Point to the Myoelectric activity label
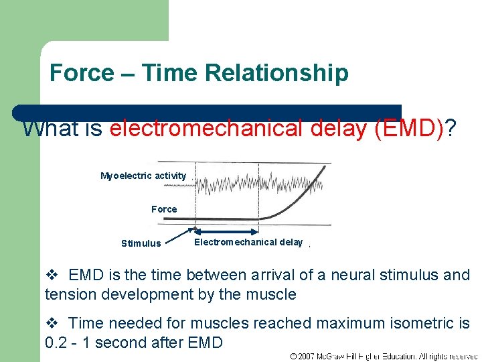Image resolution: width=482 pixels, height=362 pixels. click(x=143, y=176)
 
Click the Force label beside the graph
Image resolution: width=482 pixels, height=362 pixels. click(x=164, y=209)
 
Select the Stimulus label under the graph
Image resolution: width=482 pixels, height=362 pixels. click(x=141, y=243)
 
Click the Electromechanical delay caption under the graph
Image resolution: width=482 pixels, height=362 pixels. click(x=248, y=242)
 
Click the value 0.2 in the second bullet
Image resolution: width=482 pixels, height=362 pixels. click(x=56, y=343)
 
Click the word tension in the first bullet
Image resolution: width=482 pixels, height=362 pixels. click(x=67, y=294)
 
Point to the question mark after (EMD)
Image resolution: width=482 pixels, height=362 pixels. click(x=452, y=128)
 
